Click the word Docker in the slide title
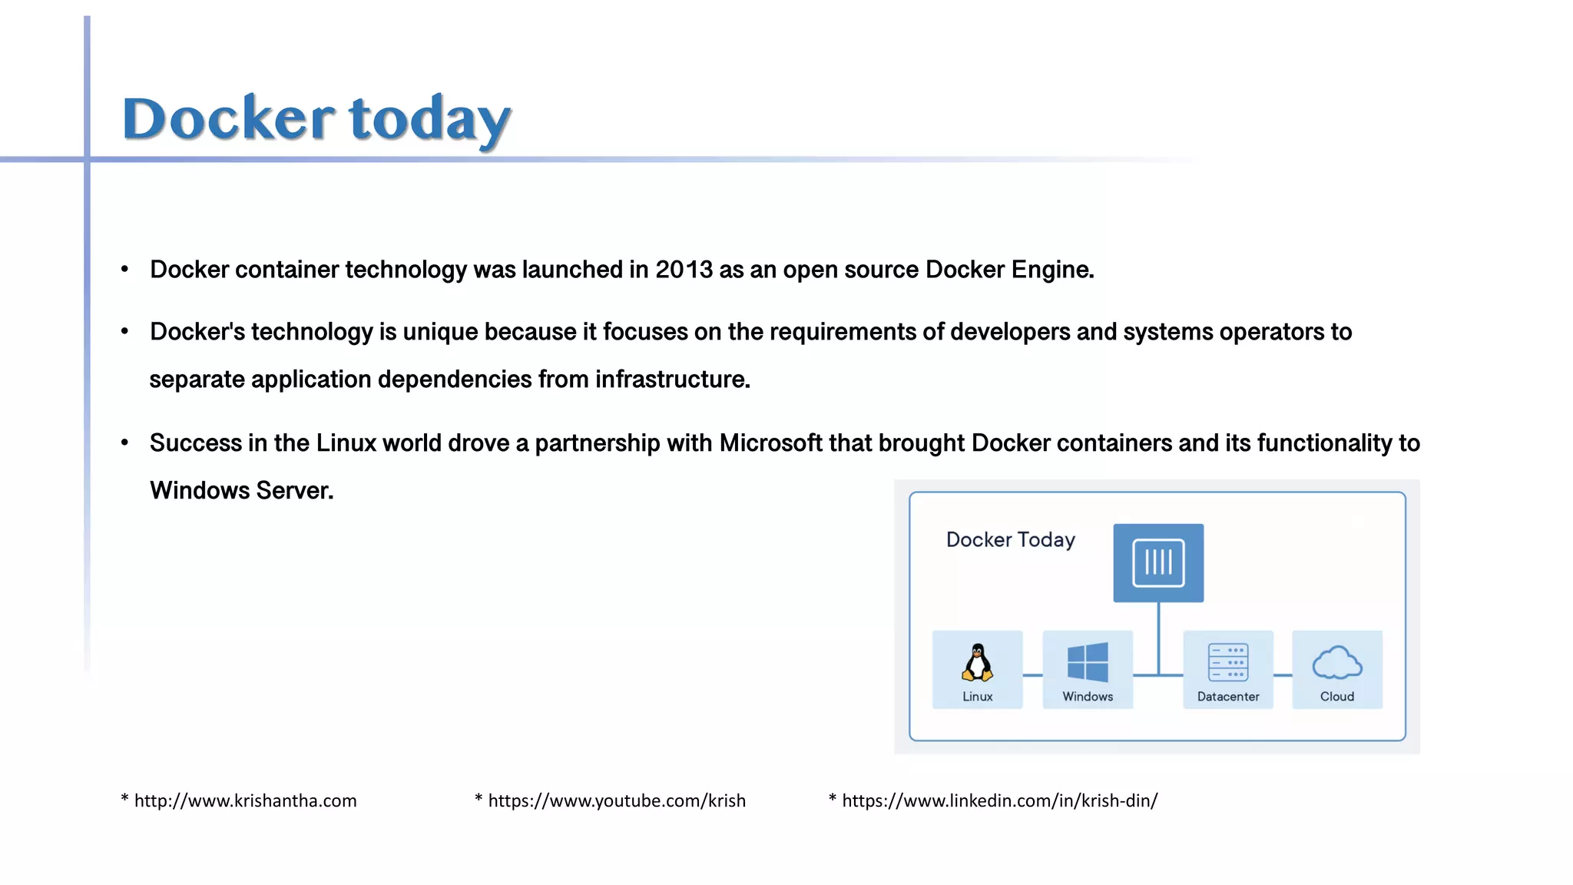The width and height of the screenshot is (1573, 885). [228, 119]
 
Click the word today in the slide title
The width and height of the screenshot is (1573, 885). [429, 119]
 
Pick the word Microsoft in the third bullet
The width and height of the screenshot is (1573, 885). [770, 443]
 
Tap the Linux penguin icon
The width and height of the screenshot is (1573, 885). [977, 662]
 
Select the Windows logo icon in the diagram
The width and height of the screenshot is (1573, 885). [1088, 662]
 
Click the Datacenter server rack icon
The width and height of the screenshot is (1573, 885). [1228, 662]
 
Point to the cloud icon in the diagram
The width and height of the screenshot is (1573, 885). [1337, 662]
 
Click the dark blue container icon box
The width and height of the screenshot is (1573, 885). [1158, 562]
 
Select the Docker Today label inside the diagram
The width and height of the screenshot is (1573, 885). [1010, 540]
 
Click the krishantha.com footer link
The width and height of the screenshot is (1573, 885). [245, 800]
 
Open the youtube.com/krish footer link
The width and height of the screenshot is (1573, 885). [617, 800]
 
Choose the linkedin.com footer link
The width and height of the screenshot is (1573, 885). [999, 800]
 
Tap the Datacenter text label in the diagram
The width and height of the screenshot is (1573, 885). [1228, 697]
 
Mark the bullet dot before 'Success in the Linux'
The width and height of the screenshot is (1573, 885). [124, 443]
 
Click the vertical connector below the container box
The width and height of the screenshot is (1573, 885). [1158, 638]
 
